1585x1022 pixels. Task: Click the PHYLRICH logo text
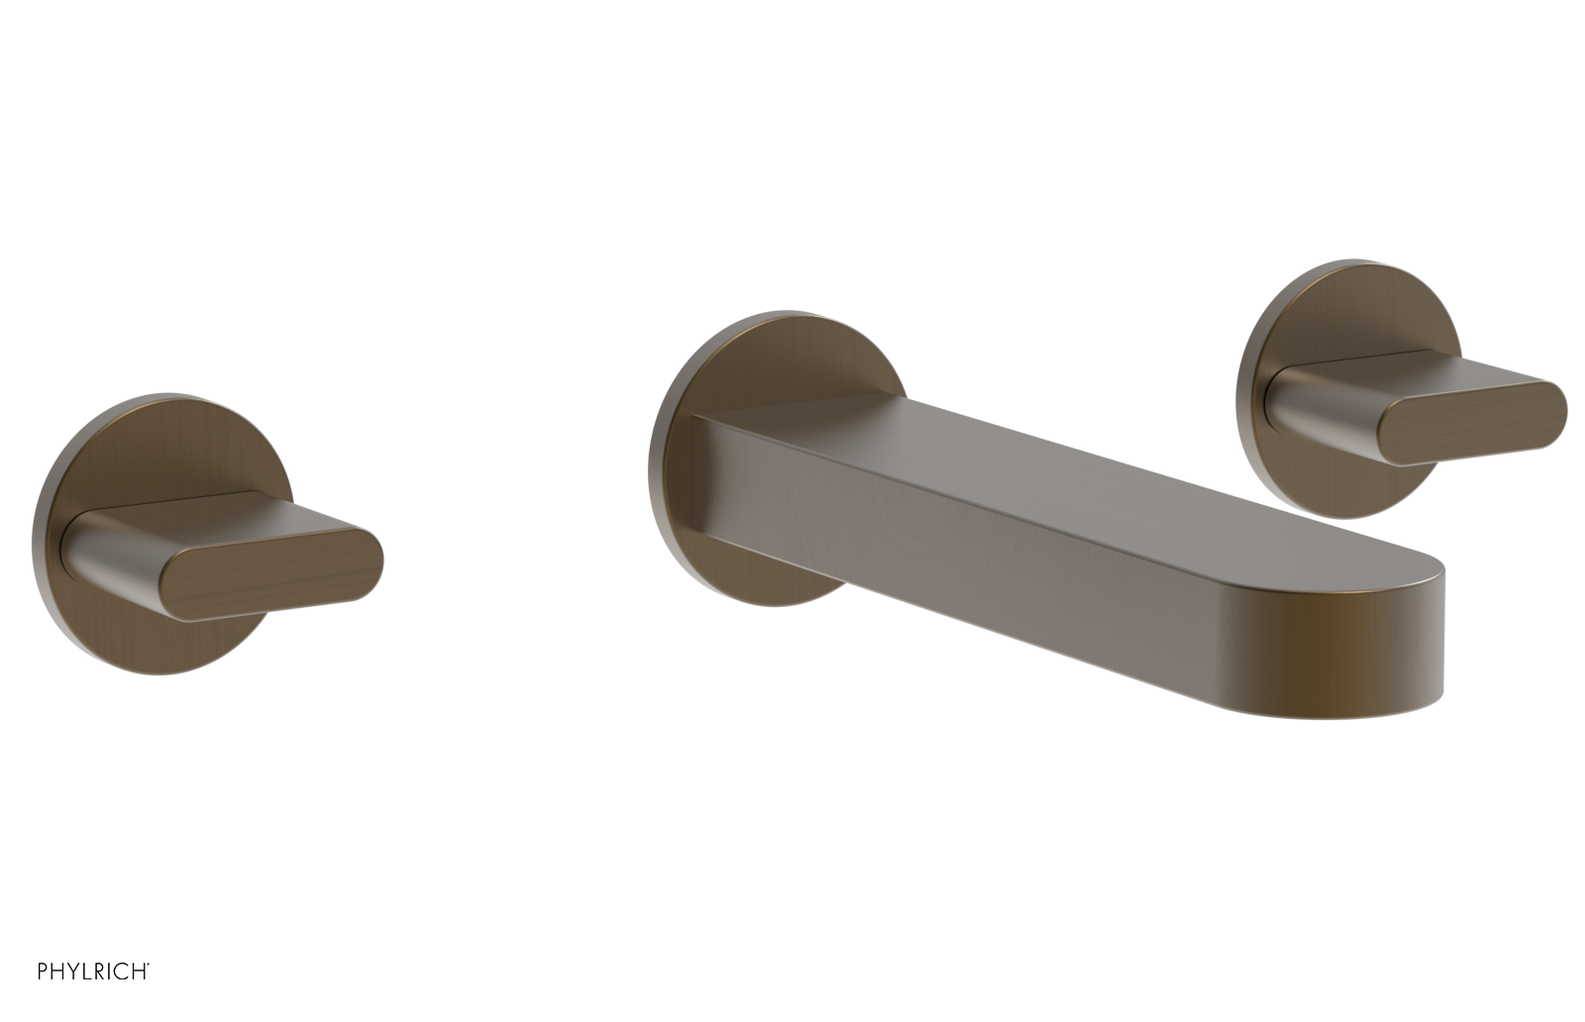click(x=93, y=971)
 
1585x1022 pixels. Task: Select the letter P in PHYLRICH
click(x=43, y=971)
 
